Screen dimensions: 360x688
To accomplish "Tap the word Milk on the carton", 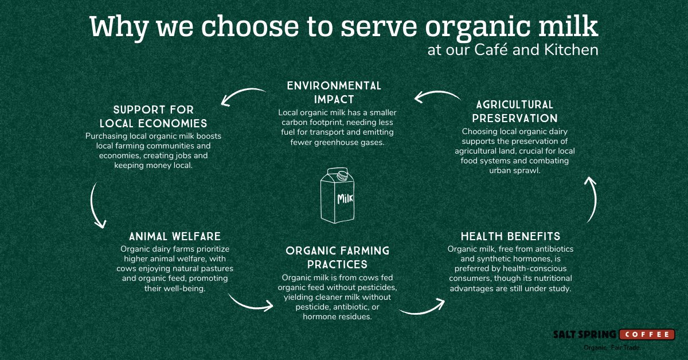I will pos(345,199).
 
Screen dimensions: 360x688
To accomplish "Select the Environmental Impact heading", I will pos(334,92).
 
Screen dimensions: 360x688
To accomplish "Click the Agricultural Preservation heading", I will pos(515,111).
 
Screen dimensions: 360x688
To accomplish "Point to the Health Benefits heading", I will pos(510,236).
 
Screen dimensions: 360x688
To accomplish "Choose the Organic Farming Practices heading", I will pos(337,257).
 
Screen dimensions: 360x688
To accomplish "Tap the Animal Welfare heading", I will pos(174,236).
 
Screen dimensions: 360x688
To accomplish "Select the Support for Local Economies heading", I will pos(153,116).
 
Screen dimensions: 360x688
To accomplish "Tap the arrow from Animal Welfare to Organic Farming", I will pos(250,302).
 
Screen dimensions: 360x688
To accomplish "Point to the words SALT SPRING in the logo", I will pos(584,335).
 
